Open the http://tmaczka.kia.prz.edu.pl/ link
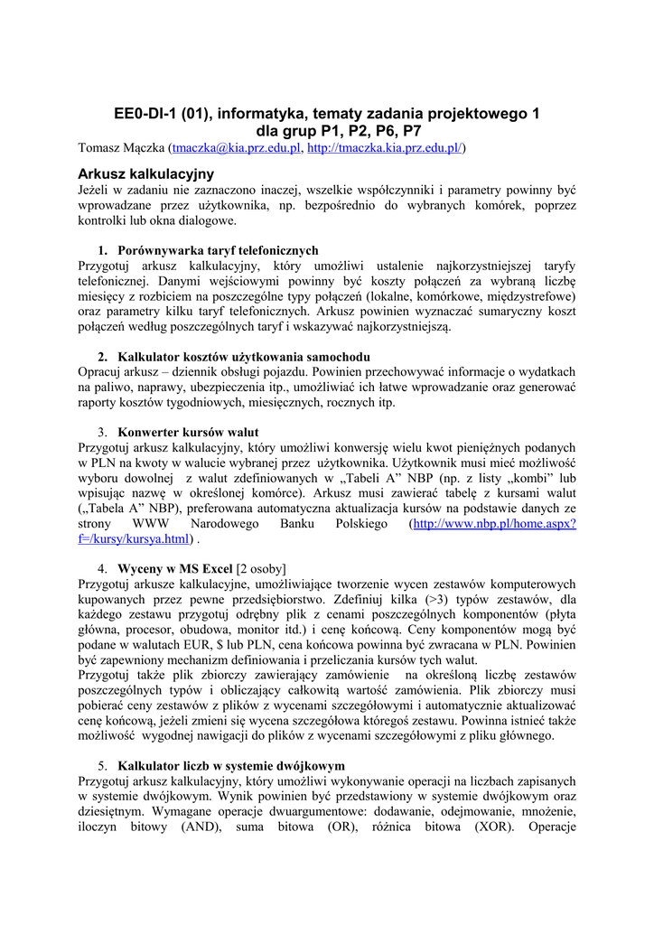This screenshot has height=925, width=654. coord(384,147)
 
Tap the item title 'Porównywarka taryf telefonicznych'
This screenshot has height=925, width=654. coord(218,250)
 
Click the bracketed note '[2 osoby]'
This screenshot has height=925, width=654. coord(261,568)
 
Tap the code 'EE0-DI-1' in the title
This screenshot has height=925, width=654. coord(145,114)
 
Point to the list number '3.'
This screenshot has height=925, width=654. coord(104,432)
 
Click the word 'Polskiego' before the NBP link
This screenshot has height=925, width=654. coord(361,524)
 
